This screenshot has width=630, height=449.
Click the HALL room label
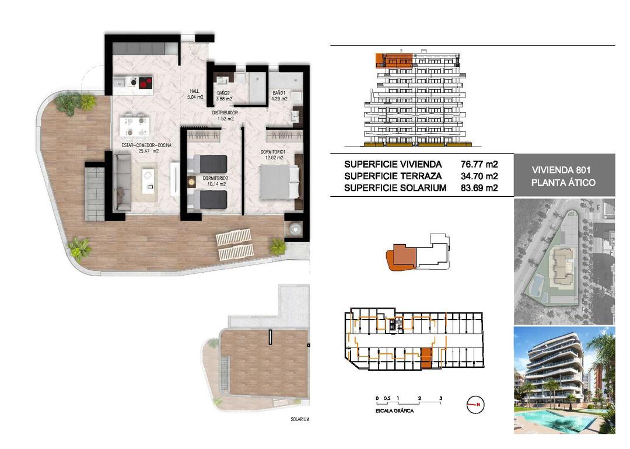tap(194, 91)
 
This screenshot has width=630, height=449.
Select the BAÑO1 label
tap(280, 93)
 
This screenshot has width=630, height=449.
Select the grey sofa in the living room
tap(123, 182)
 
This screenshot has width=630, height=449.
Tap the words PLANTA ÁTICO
tap(563, 183)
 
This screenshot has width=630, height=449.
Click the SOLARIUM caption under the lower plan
tap(299, 419)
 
